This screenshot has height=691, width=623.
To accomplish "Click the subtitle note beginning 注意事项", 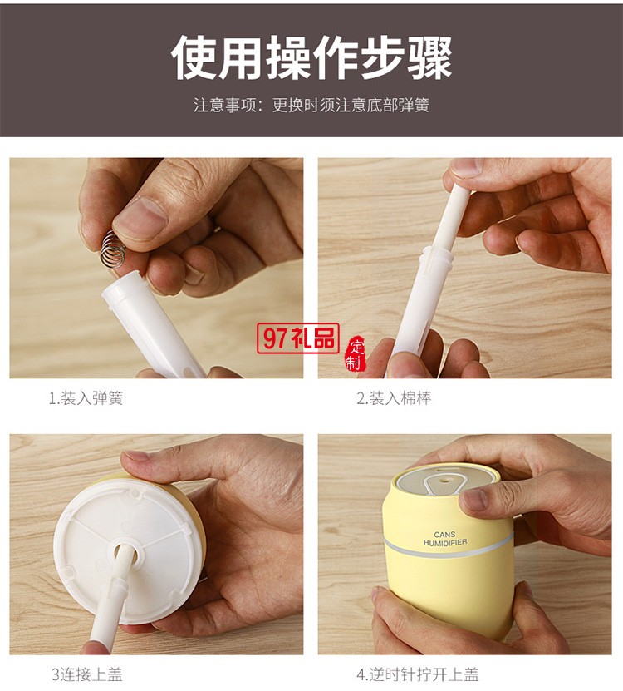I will [311, 106].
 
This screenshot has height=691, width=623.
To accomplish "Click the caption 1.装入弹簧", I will [86, 398].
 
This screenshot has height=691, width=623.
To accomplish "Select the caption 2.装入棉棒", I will [394, 398].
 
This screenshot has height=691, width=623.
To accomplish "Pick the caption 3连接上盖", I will [86, 674].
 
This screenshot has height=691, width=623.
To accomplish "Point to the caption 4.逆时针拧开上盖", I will [418, 674].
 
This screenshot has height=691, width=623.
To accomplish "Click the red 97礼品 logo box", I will [298, 338].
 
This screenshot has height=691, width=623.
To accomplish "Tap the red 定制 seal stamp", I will [356, 353].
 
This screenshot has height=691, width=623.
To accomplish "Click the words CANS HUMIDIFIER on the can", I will [445, 539].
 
